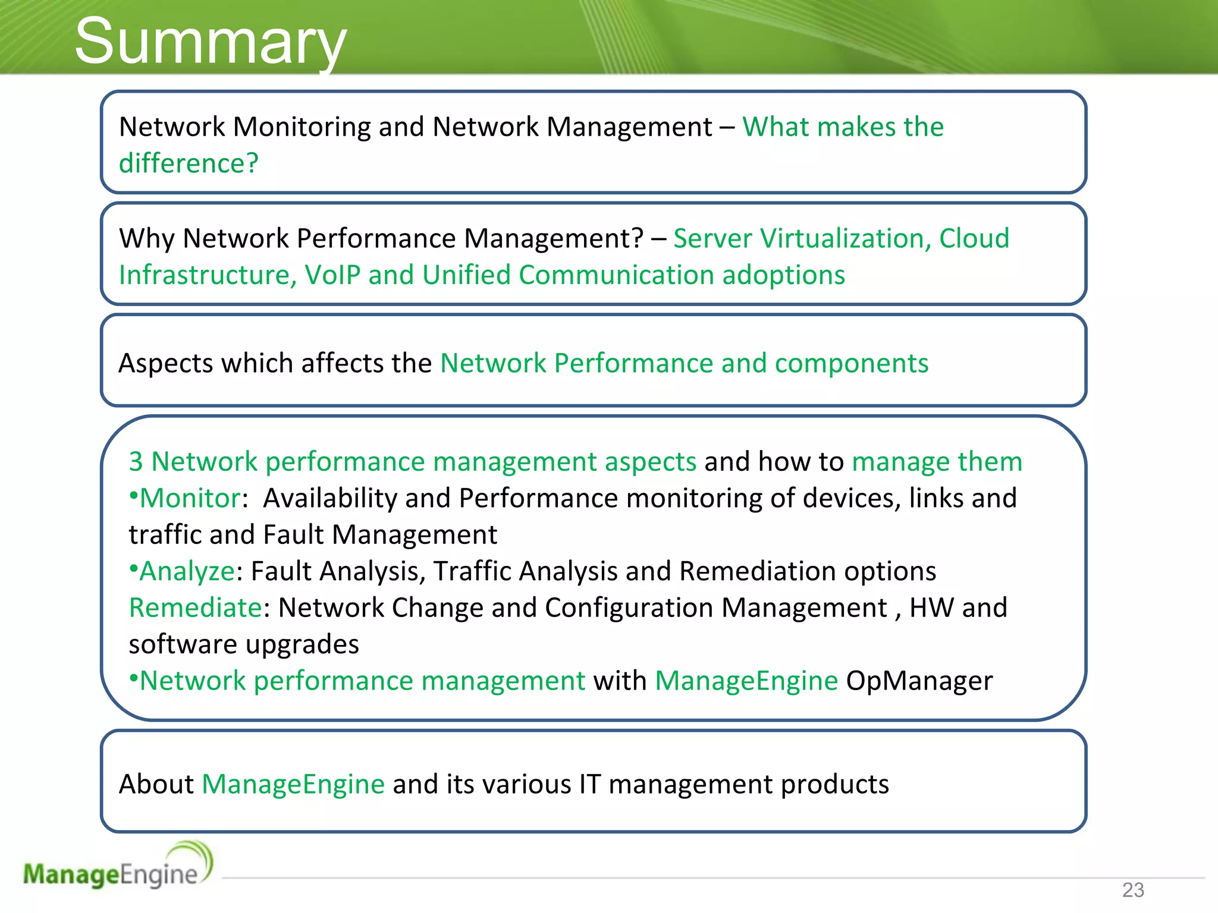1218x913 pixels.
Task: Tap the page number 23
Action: (1133, 890)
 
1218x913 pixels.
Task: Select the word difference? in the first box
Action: (189, 163)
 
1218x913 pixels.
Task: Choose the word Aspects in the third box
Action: (165, 364)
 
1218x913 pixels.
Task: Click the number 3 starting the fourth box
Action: (136, 462)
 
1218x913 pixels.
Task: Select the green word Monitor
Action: (190, 498)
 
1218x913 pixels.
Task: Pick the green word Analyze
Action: (187, 571)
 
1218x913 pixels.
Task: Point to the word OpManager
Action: (919, 681)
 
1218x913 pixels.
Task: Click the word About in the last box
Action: (156, 785)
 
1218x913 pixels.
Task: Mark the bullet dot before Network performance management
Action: (134, 678)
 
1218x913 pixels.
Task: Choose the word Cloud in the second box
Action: (974, 238)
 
